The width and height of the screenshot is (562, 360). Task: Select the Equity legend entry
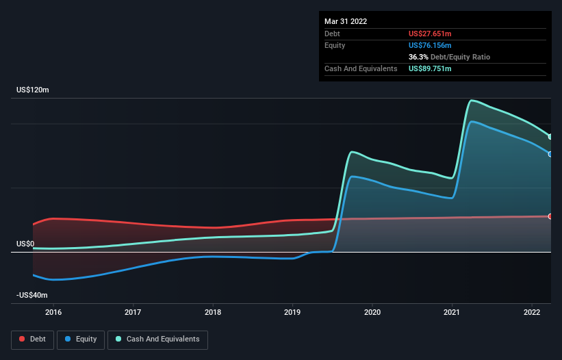click(x=81, y=339)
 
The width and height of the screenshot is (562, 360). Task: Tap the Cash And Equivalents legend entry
click(x=157, y=339)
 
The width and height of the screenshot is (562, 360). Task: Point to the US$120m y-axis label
click(x=33, y=90)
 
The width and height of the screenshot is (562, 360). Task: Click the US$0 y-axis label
click(x=25, y=244)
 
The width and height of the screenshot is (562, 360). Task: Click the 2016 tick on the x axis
click(x=53, y=312)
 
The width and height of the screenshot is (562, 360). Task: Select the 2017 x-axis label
click(x=133, y=312)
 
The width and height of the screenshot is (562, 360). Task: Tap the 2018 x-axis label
click(x=213, y=312)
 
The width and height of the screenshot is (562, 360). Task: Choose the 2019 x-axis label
click(x=293, y=312)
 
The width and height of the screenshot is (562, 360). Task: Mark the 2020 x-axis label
click(x=372, y=312)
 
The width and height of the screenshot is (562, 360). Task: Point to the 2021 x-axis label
click(x=452, y=312)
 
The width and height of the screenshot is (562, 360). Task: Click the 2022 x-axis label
click(x=532, y=312)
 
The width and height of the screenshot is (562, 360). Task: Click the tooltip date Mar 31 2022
click(x=346, y=21)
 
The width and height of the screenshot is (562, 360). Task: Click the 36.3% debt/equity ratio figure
click(x=419, y=57)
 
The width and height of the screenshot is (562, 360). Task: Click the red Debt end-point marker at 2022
click(x=550, y=216)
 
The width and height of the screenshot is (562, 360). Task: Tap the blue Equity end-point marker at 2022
click(x=550, y=154)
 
